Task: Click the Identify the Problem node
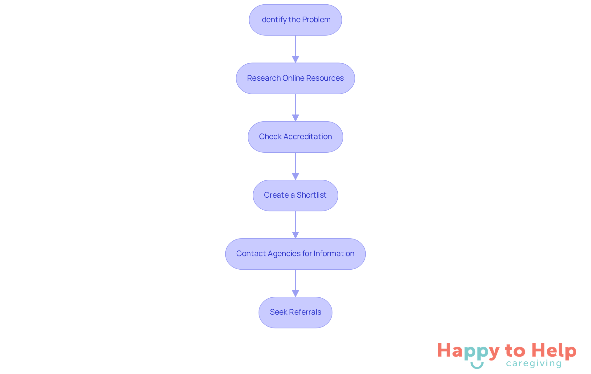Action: [295, 20]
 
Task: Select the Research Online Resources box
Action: [295, 78]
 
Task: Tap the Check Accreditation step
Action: [295, 137]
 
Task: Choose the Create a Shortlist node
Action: [295, 195]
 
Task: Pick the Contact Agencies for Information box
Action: [295, 254]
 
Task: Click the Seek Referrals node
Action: [295, 312]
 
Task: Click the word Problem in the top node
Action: [316, 20]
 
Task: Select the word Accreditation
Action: [308, 137]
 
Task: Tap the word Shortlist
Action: [312, 195]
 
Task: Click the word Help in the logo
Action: [554, 351]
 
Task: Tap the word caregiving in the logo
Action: [534, 364]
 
